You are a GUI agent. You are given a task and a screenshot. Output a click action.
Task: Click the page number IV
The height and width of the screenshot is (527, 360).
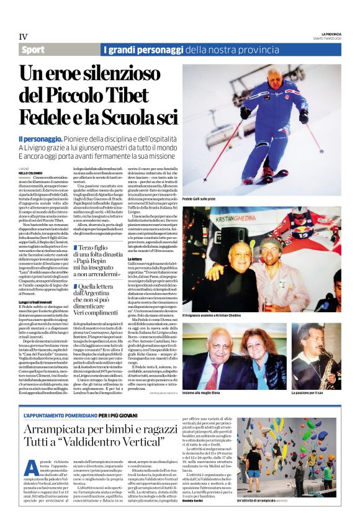tap(24, 37)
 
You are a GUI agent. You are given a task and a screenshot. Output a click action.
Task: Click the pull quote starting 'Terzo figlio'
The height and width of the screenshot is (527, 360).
tap(102, 263)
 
